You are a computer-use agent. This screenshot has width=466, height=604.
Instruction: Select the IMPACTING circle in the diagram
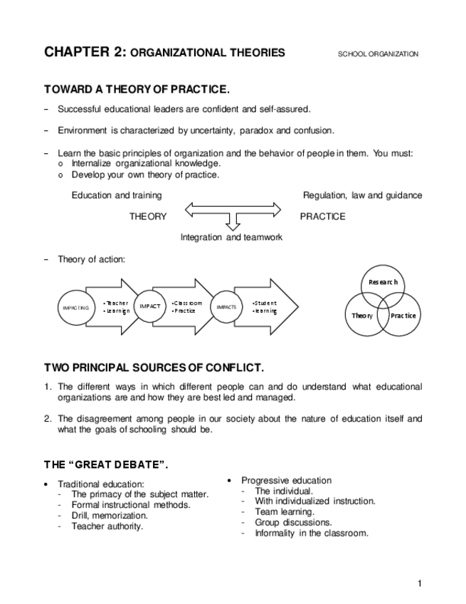75,307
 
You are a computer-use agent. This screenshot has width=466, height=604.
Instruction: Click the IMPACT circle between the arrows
150,306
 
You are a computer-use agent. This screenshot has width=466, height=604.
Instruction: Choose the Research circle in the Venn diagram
383,283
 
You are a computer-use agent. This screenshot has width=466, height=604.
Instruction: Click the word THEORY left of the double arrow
148,217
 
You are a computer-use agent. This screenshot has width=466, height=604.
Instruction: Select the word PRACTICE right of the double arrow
322,217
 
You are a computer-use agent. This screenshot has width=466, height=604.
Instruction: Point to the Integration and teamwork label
231,237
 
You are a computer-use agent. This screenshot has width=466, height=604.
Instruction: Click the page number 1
420,584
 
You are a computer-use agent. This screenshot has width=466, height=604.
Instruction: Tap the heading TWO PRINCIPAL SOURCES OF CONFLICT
154,368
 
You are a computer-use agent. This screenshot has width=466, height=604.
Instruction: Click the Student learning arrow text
265,307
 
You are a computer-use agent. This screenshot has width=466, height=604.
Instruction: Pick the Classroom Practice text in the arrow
187,307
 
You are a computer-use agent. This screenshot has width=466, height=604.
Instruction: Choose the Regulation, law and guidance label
362,195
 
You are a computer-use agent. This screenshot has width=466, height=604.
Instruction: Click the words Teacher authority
107,526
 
